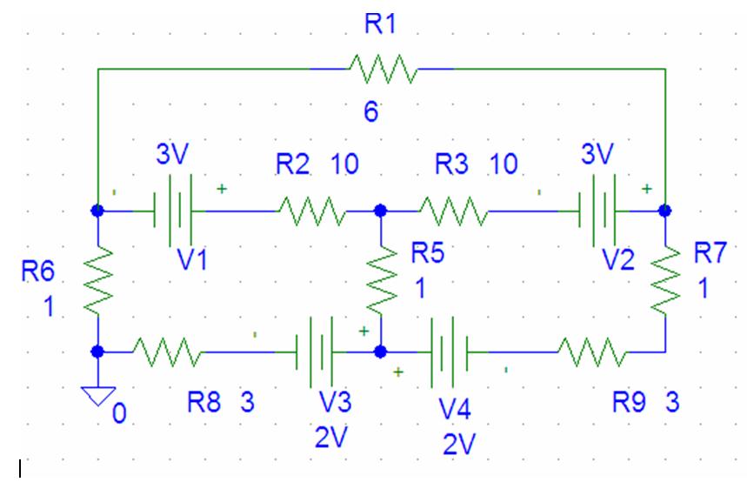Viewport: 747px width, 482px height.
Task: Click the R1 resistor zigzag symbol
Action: tap(383, 69)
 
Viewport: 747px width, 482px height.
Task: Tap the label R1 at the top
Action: tap(380, 23)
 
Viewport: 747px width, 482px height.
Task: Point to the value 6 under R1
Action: tap(371, 112)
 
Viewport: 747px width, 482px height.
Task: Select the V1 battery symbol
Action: tap(173, 211)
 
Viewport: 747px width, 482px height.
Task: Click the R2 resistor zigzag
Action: tap(312, 211)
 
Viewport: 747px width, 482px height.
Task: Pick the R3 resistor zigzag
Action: tap(454, 211)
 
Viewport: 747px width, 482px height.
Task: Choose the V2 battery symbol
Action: tap(597, 211)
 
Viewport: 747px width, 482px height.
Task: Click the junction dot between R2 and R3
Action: tap(380, 211)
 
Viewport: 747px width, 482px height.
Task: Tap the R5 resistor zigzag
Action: tap(382, 280)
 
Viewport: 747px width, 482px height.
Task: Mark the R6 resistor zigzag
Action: tap(98, 280)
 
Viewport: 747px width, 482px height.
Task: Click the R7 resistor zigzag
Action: tap(665, 280)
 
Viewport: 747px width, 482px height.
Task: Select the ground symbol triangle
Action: tap(98, 396)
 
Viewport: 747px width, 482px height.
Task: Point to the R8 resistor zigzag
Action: tap(167, 351)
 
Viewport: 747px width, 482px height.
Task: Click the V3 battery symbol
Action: tap(315, 351)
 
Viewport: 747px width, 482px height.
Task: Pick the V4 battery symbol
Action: tap(450, 351)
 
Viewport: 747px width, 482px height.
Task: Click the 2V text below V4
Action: tap(459, 445)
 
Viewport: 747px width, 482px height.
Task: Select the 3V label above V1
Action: tap(172, 154)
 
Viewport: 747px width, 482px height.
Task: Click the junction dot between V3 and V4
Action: tap(380, 351)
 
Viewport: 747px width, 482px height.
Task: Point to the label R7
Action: tap(710, 252)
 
